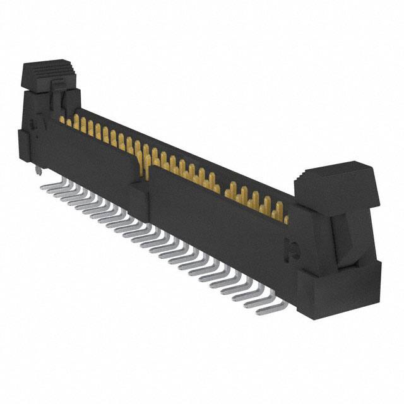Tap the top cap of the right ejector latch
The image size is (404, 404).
(341, 183)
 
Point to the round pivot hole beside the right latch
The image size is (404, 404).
(292, 252)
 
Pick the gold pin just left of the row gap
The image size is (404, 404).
(215, 183)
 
